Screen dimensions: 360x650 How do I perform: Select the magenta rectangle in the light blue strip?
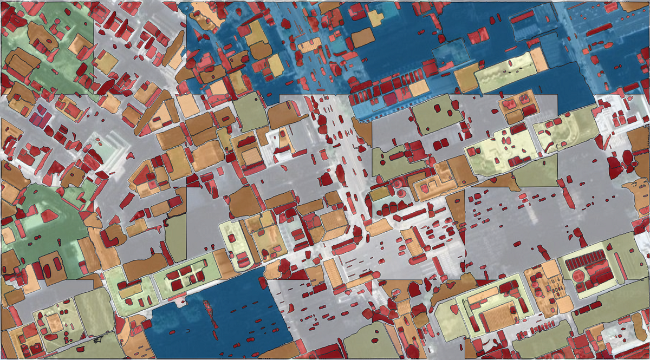pos(390,100)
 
